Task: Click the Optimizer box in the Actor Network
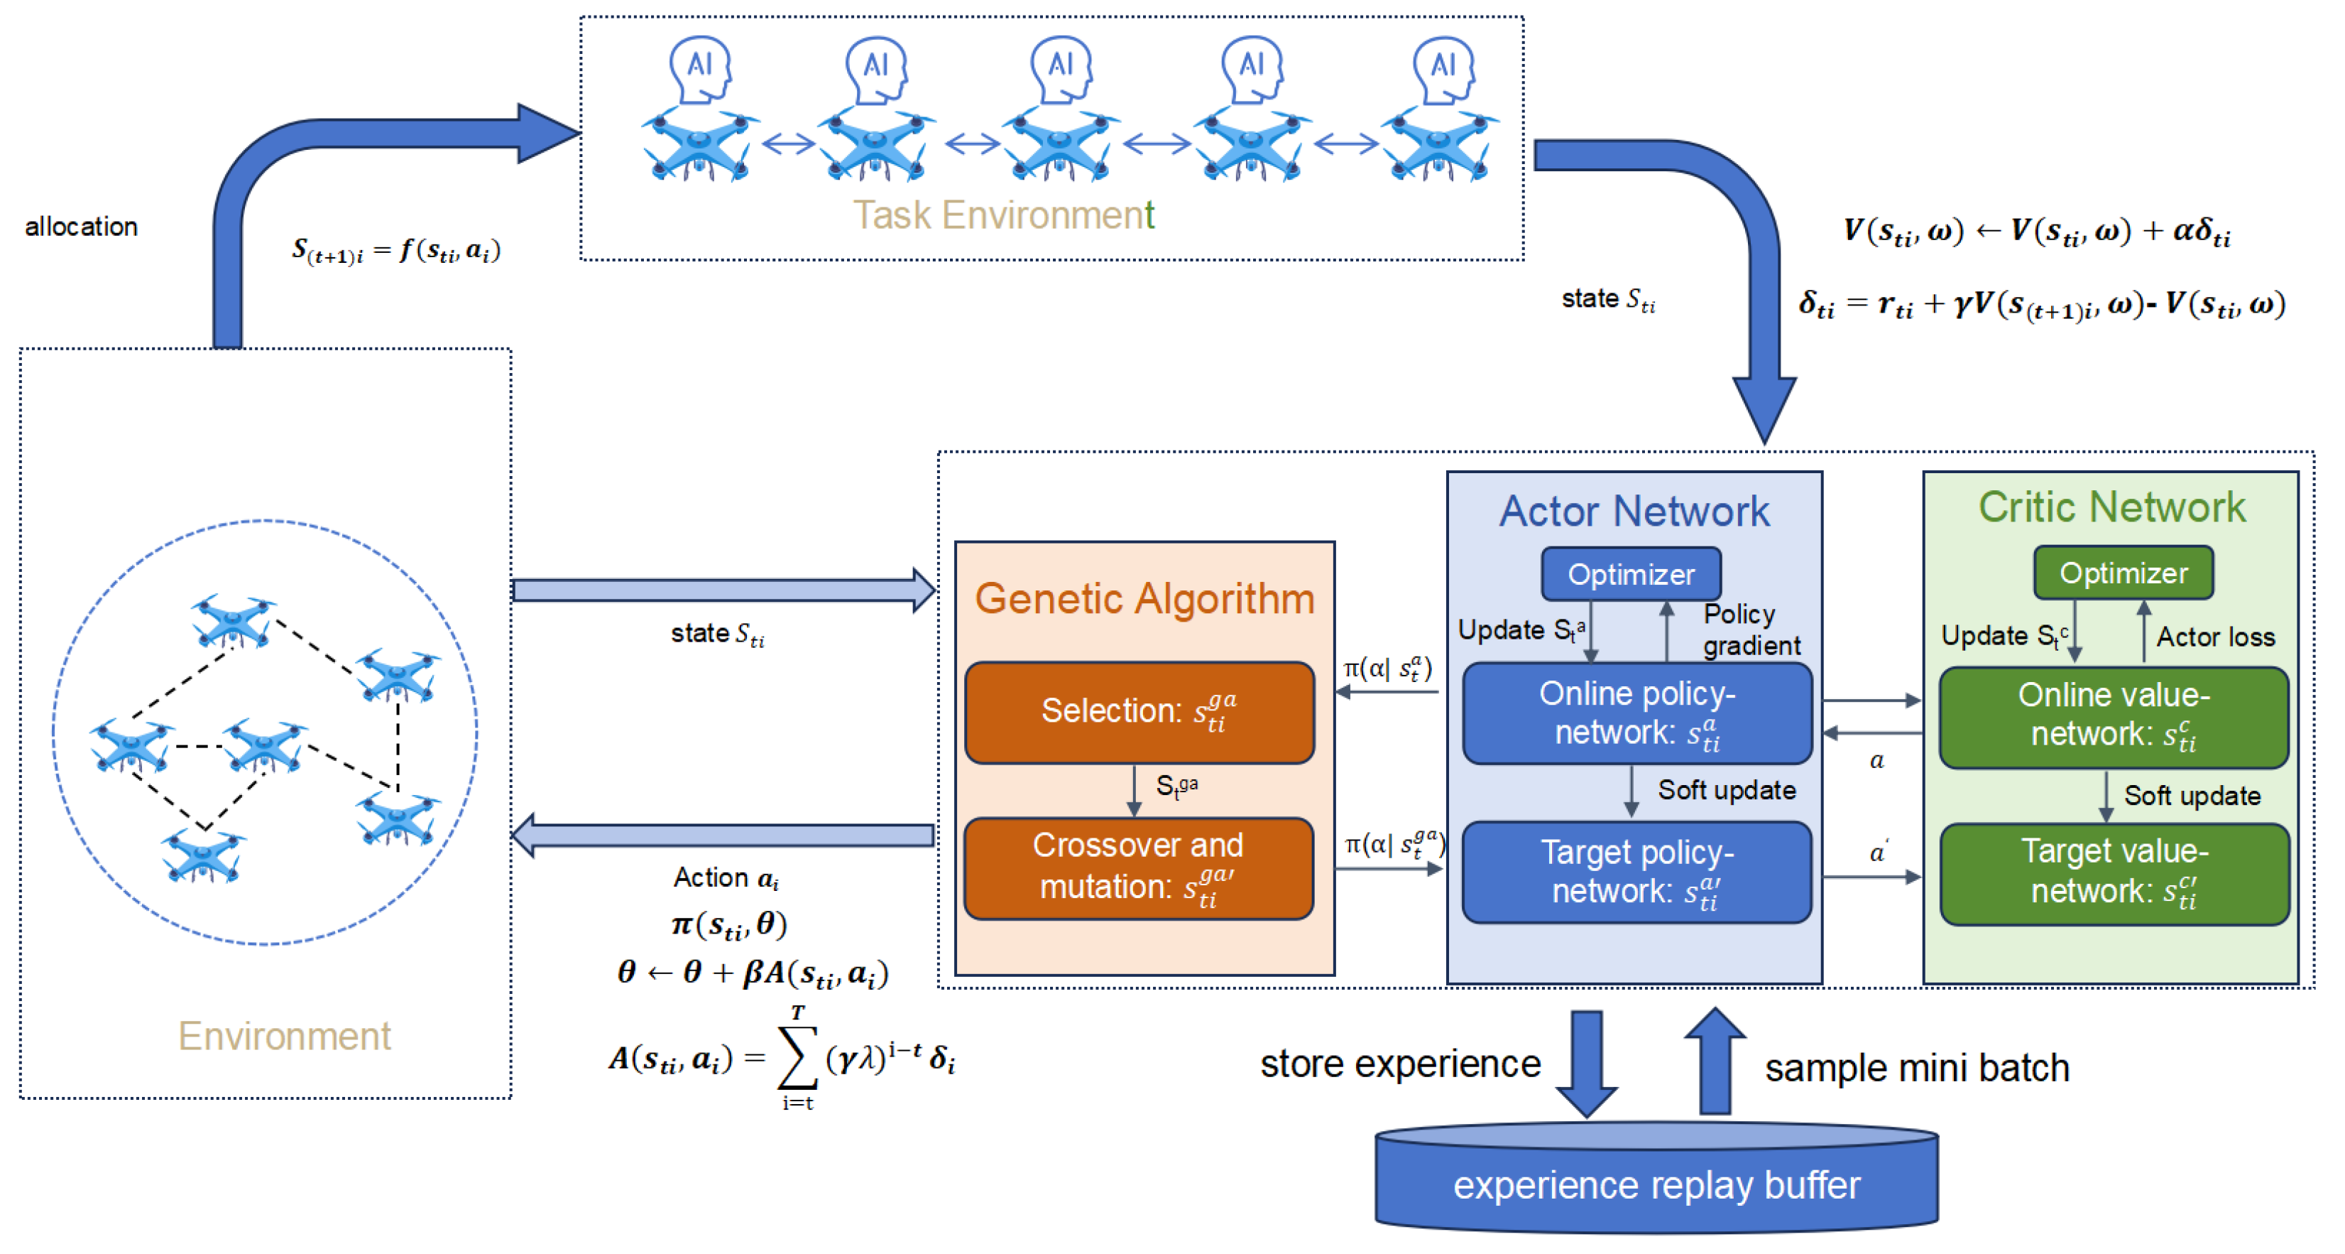tap(1630, 574)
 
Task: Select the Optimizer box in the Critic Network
tap(2122, 572)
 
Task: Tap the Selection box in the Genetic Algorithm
tap(1139, 711)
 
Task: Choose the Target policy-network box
tap(1636, 872)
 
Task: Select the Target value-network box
tap(2113, 872)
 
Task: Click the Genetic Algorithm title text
tap(1144, 598)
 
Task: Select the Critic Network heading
tap(2111, 507)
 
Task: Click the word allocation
tap(81, 227)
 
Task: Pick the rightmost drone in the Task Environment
tap(1438, 146)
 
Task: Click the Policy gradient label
tap(1749, 629)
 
